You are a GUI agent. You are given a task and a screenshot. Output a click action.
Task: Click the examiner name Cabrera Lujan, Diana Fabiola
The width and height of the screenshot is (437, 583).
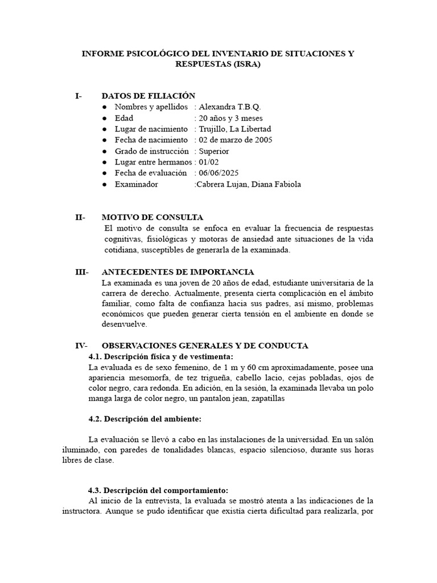(x=248, y=184)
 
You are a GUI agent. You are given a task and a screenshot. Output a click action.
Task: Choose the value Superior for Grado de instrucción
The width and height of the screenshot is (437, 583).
(x=214, y=151)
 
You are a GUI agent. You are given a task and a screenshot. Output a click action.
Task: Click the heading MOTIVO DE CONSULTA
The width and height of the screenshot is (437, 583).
(x=152, y=217)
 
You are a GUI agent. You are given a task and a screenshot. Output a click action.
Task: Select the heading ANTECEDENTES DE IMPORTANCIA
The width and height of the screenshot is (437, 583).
(x=178, y=272)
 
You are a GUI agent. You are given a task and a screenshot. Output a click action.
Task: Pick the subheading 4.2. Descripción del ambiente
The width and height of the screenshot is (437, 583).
(x=145, y=418)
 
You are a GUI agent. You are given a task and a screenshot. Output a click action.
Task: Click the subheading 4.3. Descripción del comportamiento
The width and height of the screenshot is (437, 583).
(x=158, y=490)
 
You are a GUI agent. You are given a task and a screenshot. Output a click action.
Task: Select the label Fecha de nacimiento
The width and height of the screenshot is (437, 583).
(x=151, y=139)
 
